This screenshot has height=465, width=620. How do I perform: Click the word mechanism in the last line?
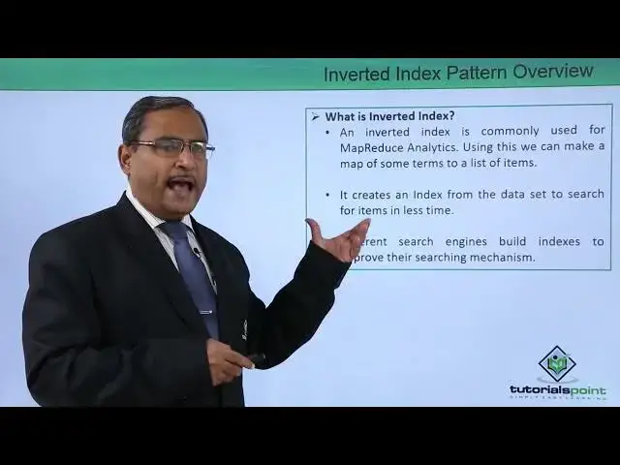coord(500,258)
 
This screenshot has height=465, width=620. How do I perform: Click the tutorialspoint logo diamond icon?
coord(557,364)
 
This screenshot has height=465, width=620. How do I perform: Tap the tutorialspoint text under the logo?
coord(557,390)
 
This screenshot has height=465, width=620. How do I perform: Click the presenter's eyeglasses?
coord(172,147)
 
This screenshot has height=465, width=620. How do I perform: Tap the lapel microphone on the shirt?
coord(198,253)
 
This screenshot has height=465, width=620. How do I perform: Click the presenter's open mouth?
coord(180,183)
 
